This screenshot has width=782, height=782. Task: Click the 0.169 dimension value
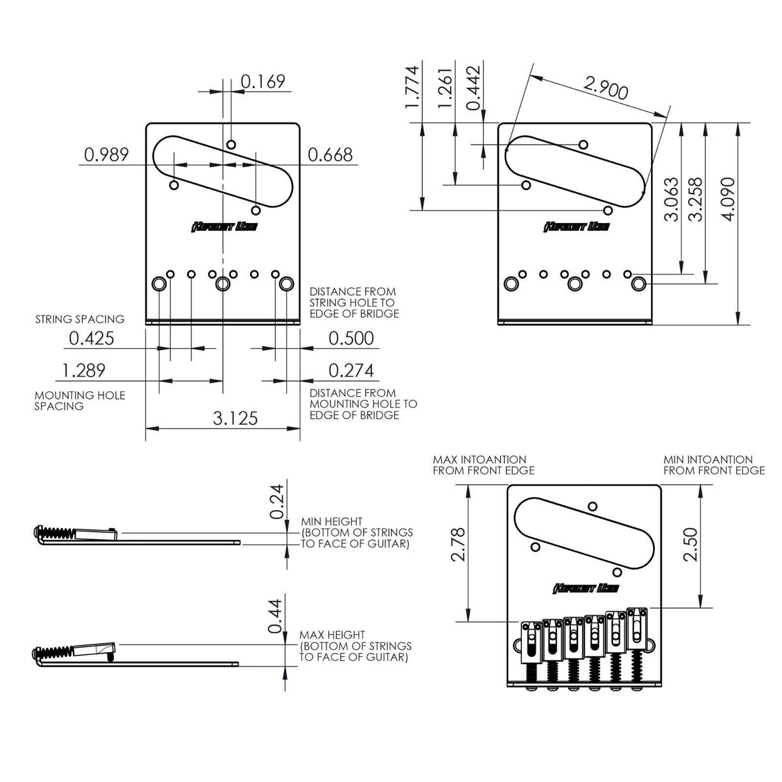coord(263,81)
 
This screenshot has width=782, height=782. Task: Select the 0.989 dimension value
coord(106,154)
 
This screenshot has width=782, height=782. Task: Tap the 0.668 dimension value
coord(330,154)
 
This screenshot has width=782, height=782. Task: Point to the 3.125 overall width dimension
coord(235,418)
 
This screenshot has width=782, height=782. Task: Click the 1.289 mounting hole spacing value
coord(83,370)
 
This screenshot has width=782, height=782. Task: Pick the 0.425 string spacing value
coord(91,338)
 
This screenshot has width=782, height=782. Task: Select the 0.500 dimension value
coord(351,338)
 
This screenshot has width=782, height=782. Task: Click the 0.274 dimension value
coord(351,370)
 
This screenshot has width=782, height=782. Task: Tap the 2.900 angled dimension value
coord(605,88)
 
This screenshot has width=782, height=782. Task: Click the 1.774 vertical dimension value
coord(413,87)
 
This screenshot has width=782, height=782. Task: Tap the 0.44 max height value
coord(277,616)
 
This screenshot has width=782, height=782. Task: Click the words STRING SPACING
coord(80,319)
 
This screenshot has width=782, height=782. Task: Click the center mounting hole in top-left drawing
coord(224,284)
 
